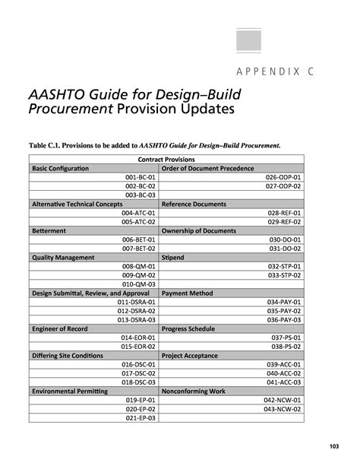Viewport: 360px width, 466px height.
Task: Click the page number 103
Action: tap(334, 446)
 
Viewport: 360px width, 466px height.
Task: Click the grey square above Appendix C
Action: tap(248, 41)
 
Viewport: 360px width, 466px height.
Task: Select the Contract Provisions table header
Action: tap(166, 160)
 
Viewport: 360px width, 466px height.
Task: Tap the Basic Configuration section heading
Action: tap(60, 168)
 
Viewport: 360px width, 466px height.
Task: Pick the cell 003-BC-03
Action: tap(141, 195)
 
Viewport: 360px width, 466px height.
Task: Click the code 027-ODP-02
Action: tap(283, 186)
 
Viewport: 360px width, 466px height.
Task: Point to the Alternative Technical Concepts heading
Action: tap(77, 204)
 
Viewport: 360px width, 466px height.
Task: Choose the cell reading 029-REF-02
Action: tap(284, 222)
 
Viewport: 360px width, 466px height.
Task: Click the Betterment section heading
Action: tap(49, 230)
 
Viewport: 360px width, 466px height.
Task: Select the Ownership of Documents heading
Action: tap(199, 230)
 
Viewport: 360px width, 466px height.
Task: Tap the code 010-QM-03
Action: tap(139, 284)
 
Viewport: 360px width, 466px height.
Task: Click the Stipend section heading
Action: tap(172, 258)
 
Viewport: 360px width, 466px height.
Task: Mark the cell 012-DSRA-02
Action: tap(137, 311)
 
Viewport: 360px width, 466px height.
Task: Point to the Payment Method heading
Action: tap(187, 293)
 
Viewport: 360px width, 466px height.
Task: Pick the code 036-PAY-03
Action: tap(284, 320)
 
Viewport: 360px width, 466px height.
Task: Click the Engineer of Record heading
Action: tap(60, 328)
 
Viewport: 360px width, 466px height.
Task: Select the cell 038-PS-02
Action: tap(286, 347)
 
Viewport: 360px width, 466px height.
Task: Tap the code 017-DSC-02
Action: tap(138, 373)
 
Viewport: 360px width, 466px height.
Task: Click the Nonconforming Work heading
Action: tap(194, 391)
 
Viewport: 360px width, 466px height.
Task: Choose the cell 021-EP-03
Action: tap(141, 418)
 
